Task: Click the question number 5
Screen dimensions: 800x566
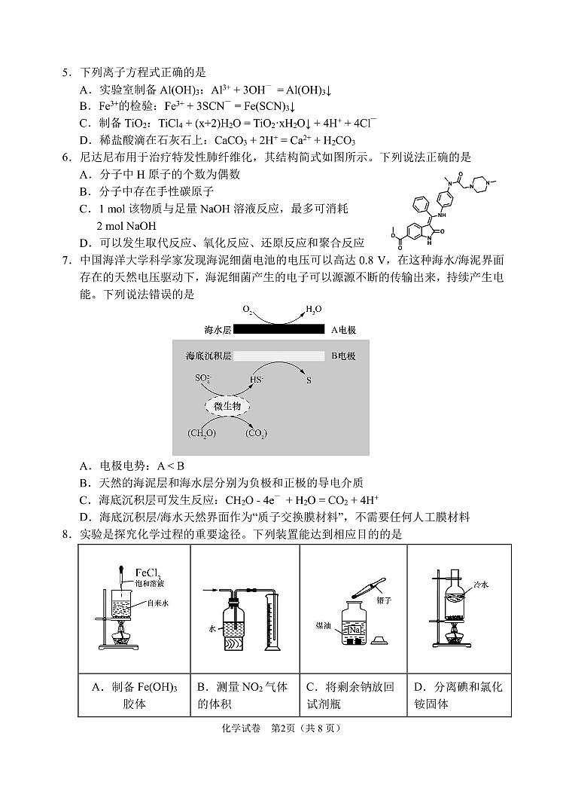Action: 66,73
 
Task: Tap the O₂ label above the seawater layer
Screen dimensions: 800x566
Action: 248,310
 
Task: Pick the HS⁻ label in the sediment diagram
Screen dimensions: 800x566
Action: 257,380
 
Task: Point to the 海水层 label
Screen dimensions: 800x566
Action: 218,330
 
